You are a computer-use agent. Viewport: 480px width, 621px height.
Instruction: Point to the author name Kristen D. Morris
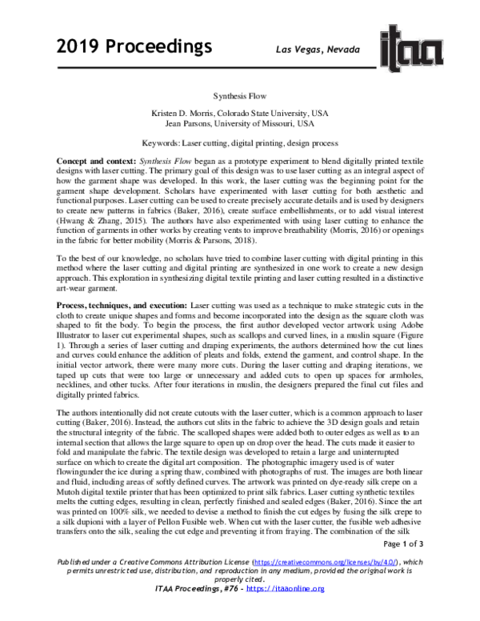185,114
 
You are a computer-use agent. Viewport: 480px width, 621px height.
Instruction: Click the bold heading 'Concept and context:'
96,161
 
